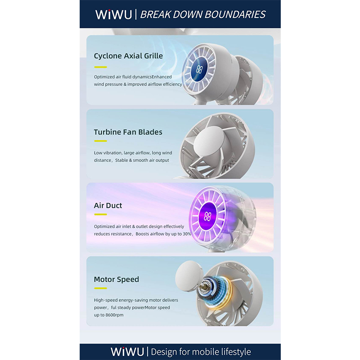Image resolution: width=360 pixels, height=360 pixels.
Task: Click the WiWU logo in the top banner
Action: click(114, 14)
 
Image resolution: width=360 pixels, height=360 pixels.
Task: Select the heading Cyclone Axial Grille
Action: click(128, 56)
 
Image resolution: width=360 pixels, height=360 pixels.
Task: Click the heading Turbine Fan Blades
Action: click(128, 132)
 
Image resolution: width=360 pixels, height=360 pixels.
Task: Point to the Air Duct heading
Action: click(108, 206)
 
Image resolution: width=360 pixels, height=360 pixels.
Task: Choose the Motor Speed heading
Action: click(117, 279)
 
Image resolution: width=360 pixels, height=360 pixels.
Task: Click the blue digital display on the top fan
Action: click(199, 69)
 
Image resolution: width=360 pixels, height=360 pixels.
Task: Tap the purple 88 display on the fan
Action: click(207, 216)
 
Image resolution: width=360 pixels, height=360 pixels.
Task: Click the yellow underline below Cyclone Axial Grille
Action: click(100, 67)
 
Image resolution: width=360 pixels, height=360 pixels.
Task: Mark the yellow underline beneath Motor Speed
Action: click(100, 288)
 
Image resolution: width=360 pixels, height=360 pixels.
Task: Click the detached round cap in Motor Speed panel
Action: click(189, 276)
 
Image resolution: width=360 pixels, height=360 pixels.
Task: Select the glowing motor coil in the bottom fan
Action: click(217, 292)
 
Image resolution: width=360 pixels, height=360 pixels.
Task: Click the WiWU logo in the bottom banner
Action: click(127, 351)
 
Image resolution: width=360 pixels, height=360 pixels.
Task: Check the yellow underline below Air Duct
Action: click(100, 215)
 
